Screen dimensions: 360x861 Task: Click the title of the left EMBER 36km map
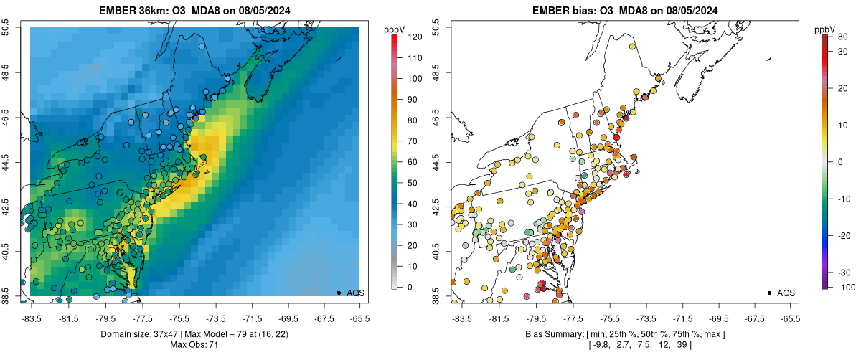coord(194,11)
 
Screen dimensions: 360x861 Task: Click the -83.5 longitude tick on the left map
coord(31,318)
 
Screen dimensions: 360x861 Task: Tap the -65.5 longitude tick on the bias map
coord(790,318)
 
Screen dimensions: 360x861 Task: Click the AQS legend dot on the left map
coord(339,293)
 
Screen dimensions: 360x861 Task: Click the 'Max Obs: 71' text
coord(194,345)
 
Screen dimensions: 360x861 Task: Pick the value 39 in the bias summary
coord(682,345)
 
